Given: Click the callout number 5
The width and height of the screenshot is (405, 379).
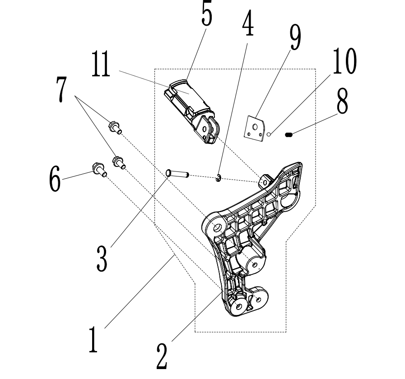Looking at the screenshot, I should [206, 14].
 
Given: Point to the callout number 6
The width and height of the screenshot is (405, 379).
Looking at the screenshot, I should [54, 179].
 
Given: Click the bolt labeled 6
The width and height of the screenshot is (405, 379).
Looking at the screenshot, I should [99, 169].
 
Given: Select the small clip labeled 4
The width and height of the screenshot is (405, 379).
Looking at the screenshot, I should [219, 179].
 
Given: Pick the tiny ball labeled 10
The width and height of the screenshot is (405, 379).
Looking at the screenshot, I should [269, 134].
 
